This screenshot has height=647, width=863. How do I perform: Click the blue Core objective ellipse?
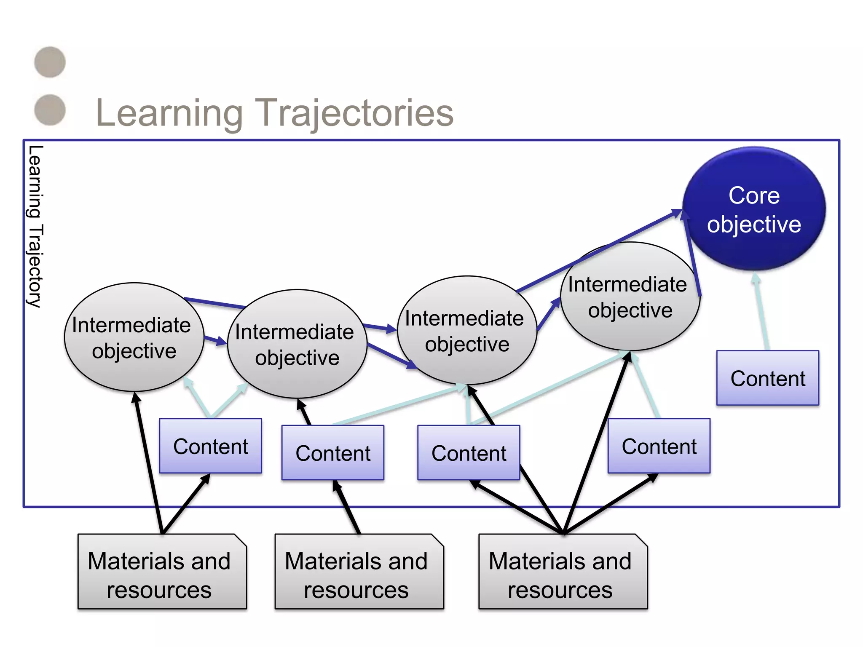754,209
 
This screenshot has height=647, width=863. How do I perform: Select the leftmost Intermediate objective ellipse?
134,337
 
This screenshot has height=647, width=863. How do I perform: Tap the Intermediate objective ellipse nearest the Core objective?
630,297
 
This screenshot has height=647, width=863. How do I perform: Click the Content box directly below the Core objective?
768,378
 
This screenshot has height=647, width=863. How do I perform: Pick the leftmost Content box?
210,446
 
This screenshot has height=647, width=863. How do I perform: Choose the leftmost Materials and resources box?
162,572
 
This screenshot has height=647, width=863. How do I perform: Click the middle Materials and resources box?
359,572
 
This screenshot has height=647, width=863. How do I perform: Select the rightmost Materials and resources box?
563,572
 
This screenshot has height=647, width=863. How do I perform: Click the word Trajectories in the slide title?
355,112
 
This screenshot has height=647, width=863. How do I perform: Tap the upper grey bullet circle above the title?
50,62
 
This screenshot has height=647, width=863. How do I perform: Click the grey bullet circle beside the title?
50,110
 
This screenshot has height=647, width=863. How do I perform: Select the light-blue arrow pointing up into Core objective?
761,312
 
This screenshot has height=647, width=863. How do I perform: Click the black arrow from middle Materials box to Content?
348,507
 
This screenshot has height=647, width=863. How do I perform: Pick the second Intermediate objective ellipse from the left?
297,344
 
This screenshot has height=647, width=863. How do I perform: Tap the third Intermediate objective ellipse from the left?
467,331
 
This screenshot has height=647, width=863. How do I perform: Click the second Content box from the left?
332,453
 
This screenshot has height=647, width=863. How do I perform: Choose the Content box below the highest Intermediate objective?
659,446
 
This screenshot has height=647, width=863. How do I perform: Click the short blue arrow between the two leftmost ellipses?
215,340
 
